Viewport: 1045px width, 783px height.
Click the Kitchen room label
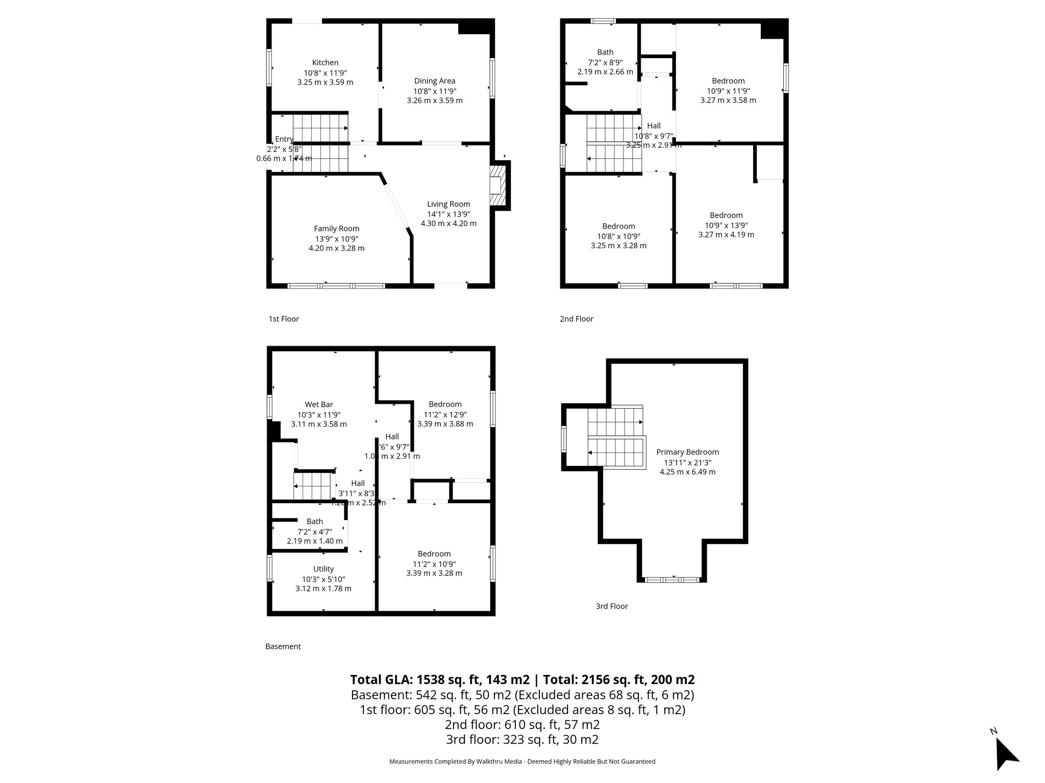(x=325, y=63)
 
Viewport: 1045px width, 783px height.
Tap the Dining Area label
(x=434, y=81)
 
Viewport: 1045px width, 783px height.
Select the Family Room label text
(x=336, y=229)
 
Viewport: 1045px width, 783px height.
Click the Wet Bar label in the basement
(x=319, y=405)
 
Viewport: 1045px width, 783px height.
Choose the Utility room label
(x=324, y=569)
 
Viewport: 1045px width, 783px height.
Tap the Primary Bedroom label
(x=687, y=452)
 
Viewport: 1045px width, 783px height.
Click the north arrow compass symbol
(x=1006, y=755)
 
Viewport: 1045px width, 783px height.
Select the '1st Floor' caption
(x=284, y=319)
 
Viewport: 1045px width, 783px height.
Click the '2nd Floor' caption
(x=577, y=319)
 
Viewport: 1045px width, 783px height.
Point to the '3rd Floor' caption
(x=612, y=606)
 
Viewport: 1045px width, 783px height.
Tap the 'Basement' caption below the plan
(x=283, y=646)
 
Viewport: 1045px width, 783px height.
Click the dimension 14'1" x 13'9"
(x=449, y=214)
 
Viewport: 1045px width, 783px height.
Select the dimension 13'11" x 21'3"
(x=687, y=463)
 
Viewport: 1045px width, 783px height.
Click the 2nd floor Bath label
(x=605, y=52)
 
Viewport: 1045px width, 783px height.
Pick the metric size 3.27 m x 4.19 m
(x=726, y=235)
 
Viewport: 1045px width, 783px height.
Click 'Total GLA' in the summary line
(x=381, y=680)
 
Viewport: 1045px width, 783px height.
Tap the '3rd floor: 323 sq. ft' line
(x=522, y=740)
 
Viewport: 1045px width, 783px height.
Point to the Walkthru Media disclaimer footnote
(x=522, y=762)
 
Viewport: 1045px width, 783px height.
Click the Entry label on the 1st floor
(x=284, y=139)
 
